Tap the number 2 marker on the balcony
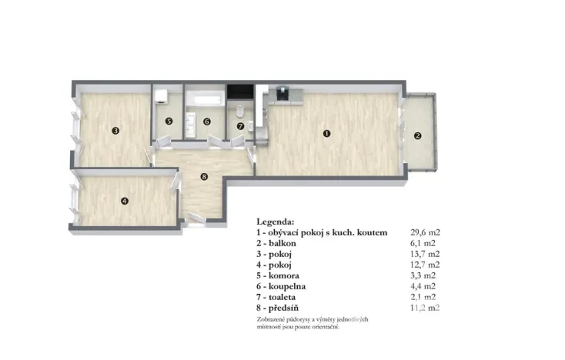coord(418,135)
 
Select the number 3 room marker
coord(115,130)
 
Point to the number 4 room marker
coord(125,202)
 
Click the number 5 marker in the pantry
coord(169,121)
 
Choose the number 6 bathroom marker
coord(206,121)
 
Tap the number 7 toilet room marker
coord(240,125)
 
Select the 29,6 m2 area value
coord(426,232)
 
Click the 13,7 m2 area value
coord(426,253)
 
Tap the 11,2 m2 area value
coord(426,307)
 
